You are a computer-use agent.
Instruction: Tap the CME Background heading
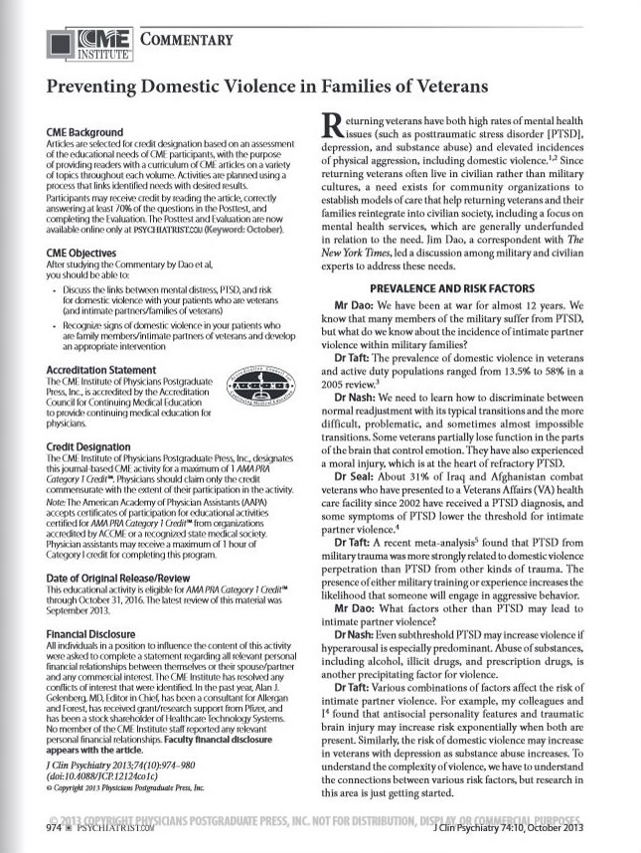point(84,132)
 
